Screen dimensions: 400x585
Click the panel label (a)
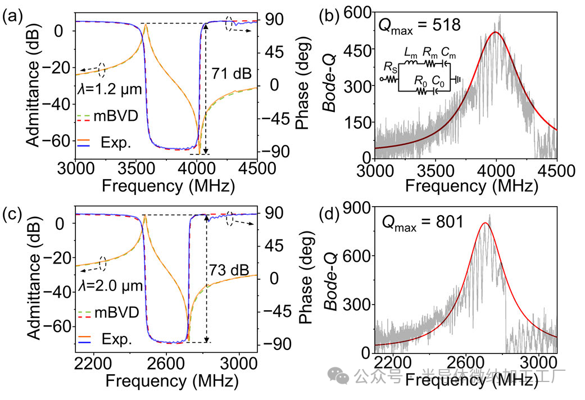click(12, 16)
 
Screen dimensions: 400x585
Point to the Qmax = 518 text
click(419, 25)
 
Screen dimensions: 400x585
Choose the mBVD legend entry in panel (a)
click(111, 118)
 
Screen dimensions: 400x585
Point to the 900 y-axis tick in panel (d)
click(358, 208)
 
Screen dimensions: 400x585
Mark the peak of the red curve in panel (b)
click(495, 33)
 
